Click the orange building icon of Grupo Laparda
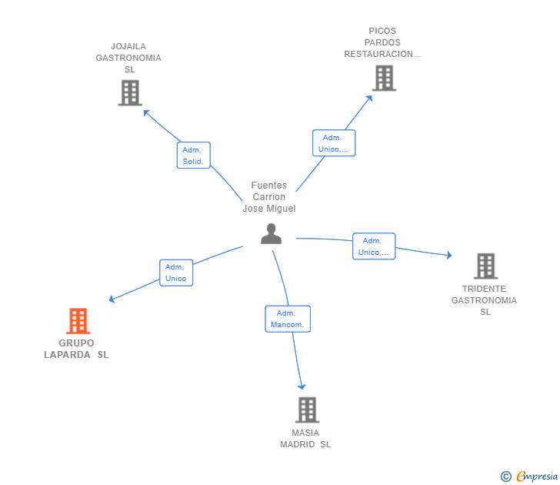pos(78,320)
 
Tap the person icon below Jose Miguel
pos(271,234)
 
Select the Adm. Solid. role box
pos(193,155)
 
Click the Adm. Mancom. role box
pos(288,319)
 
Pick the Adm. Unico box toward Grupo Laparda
pos(176,273)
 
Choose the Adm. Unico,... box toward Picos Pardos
pos(334,143)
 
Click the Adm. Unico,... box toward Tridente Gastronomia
pos(374,246)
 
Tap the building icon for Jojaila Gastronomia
pos(130,93)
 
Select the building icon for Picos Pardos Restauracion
pos(385,78)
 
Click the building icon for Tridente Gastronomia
pos(485,266)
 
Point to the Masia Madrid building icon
pos(307,410)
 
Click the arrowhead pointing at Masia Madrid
pos(302,386)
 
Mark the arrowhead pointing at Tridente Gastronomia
pos(449,255)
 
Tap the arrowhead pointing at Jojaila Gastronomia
pos(146,113)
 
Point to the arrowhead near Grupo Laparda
pos(112,299)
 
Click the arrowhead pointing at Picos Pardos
pos(369,99)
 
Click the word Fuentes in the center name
pos(269,185)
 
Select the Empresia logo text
pos(537,476)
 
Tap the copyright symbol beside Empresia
pos(505,477)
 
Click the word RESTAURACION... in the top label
pos(382,54)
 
